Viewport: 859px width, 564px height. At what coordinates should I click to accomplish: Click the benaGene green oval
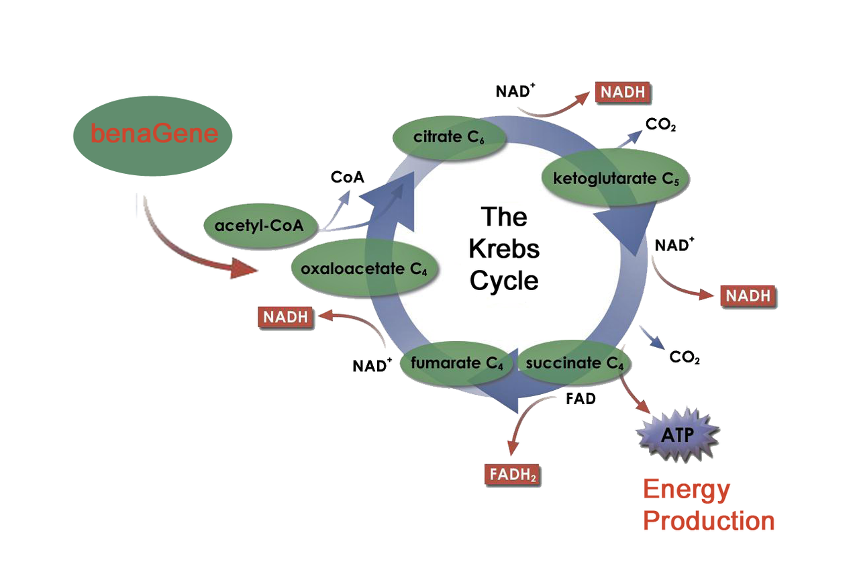point(152,136)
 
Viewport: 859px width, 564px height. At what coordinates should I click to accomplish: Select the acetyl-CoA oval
point(260,226)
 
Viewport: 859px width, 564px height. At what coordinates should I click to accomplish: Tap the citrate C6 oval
point(449,138)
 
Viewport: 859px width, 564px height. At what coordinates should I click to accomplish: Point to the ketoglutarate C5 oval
point(615,178)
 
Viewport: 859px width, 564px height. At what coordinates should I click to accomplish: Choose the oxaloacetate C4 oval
point(364,268)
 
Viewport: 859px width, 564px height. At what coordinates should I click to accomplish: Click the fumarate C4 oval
point(457,363)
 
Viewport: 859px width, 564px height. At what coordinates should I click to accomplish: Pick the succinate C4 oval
point(574,363)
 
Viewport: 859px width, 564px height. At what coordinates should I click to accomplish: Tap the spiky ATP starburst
point(678,434)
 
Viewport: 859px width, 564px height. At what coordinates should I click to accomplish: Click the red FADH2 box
point(512,475)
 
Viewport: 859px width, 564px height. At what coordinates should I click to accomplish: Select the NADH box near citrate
point(623,92)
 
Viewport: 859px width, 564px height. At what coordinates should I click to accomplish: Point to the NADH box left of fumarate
point(286,318)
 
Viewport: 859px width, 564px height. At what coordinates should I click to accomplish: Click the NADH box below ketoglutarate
point(748,296)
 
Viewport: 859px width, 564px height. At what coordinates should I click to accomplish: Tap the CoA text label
point(348,177)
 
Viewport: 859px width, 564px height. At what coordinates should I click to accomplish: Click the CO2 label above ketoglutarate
point(661,124)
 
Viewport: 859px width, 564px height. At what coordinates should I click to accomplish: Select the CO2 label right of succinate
point(685,357)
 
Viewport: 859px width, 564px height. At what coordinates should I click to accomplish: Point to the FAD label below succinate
point(580,399)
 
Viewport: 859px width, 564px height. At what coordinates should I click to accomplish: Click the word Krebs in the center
point(504,249)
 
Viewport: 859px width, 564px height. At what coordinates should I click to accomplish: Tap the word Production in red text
point(709,521)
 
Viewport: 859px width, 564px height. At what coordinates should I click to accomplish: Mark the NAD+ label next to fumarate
point(372,365)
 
